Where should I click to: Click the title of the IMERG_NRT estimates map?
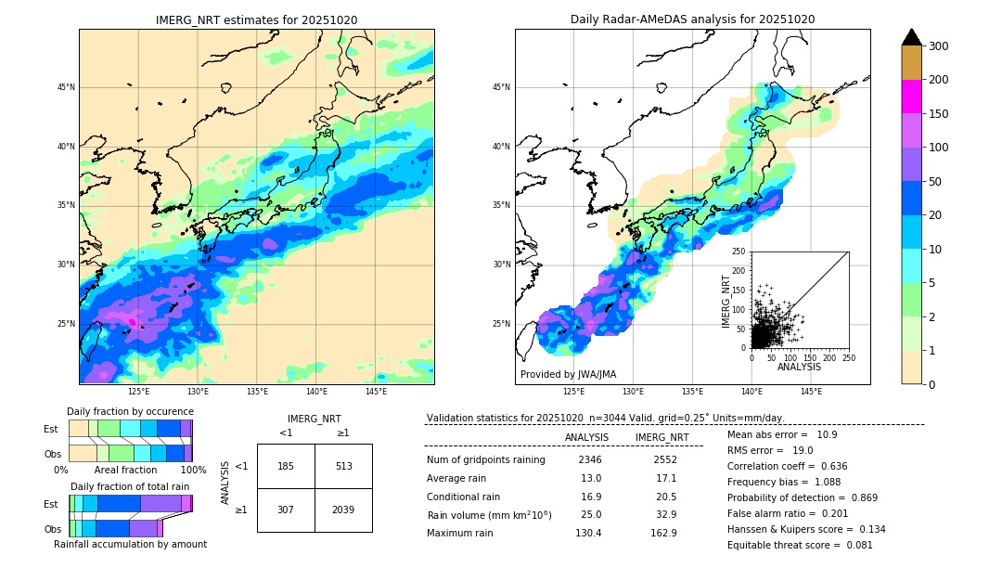[x=256, y=19]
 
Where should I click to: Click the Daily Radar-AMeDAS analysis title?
[x=692, y=19]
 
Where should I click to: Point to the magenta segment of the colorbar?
[x=911, y=97]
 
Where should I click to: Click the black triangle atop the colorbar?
[x=911, y=36]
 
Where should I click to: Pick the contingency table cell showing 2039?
[x=343, y=510]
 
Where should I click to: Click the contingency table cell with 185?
[x=286, y=466]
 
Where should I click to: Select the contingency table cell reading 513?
[x=343, y=466]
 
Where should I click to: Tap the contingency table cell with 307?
[x=286, y=510]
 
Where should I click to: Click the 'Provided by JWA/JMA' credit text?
[x=568, y=375]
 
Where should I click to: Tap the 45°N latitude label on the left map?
[x=66, y=87]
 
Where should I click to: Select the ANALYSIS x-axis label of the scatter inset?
[x=799, y=367]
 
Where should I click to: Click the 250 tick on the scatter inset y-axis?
[x=739, y=252]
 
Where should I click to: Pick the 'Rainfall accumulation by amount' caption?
[x=130, y=544]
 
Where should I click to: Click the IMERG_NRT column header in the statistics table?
[x=662, y=437]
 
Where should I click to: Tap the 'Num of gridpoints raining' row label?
[x=486, y=459]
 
